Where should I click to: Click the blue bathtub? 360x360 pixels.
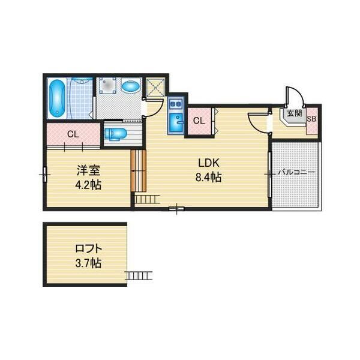[x=56, y=98]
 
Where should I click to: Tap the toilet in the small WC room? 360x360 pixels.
[x=115, y=134]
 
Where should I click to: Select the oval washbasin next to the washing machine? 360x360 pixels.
[x=131, y=86]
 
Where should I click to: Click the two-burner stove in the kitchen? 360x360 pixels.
[x=175, y=104]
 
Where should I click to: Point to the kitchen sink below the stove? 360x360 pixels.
[x=176, y=123]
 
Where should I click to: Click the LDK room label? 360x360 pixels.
[x=209, y=163]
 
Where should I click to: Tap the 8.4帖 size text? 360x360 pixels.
[x=208, y=177]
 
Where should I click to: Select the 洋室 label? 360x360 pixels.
[x=88, y=170]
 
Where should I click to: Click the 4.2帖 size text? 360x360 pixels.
[x=88, y=185]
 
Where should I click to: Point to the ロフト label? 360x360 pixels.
[x=88, y=248]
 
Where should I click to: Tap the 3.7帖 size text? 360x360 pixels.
[x=88, y=263]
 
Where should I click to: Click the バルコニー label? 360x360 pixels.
[x=296, y=172]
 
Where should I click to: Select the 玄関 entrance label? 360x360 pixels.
[x=295, y=113]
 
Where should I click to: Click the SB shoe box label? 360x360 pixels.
[x=312, y=119]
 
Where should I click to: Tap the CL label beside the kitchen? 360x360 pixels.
[x=199, y=121]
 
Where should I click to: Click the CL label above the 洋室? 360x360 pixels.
[x=73, y=134]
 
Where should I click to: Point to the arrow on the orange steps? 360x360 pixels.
[x=138, y=170]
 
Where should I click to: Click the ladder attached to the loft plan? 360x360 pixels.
[x=139, y=275]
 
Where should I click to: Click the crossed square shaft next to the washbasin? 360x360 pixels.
[x=155, y=87]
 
